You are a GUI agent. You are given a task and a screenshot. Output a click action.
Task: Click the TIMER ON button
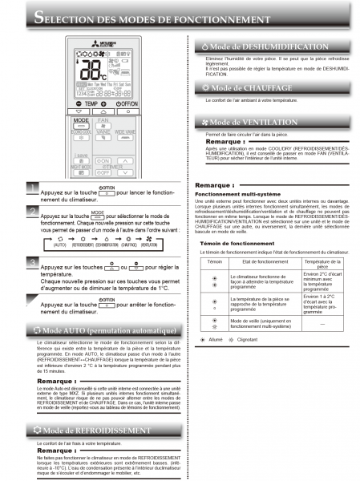coord(103,160)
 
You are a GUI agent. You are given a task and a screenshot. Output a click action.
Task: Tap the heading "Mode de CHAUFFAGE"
coord(245,87)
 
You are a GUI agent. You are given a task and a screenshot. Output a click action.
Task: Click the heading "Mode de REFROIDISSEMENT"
coord(95,430)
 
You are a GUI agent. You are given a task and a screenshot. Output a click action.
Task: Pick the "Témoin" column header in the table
coord(214,240)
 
